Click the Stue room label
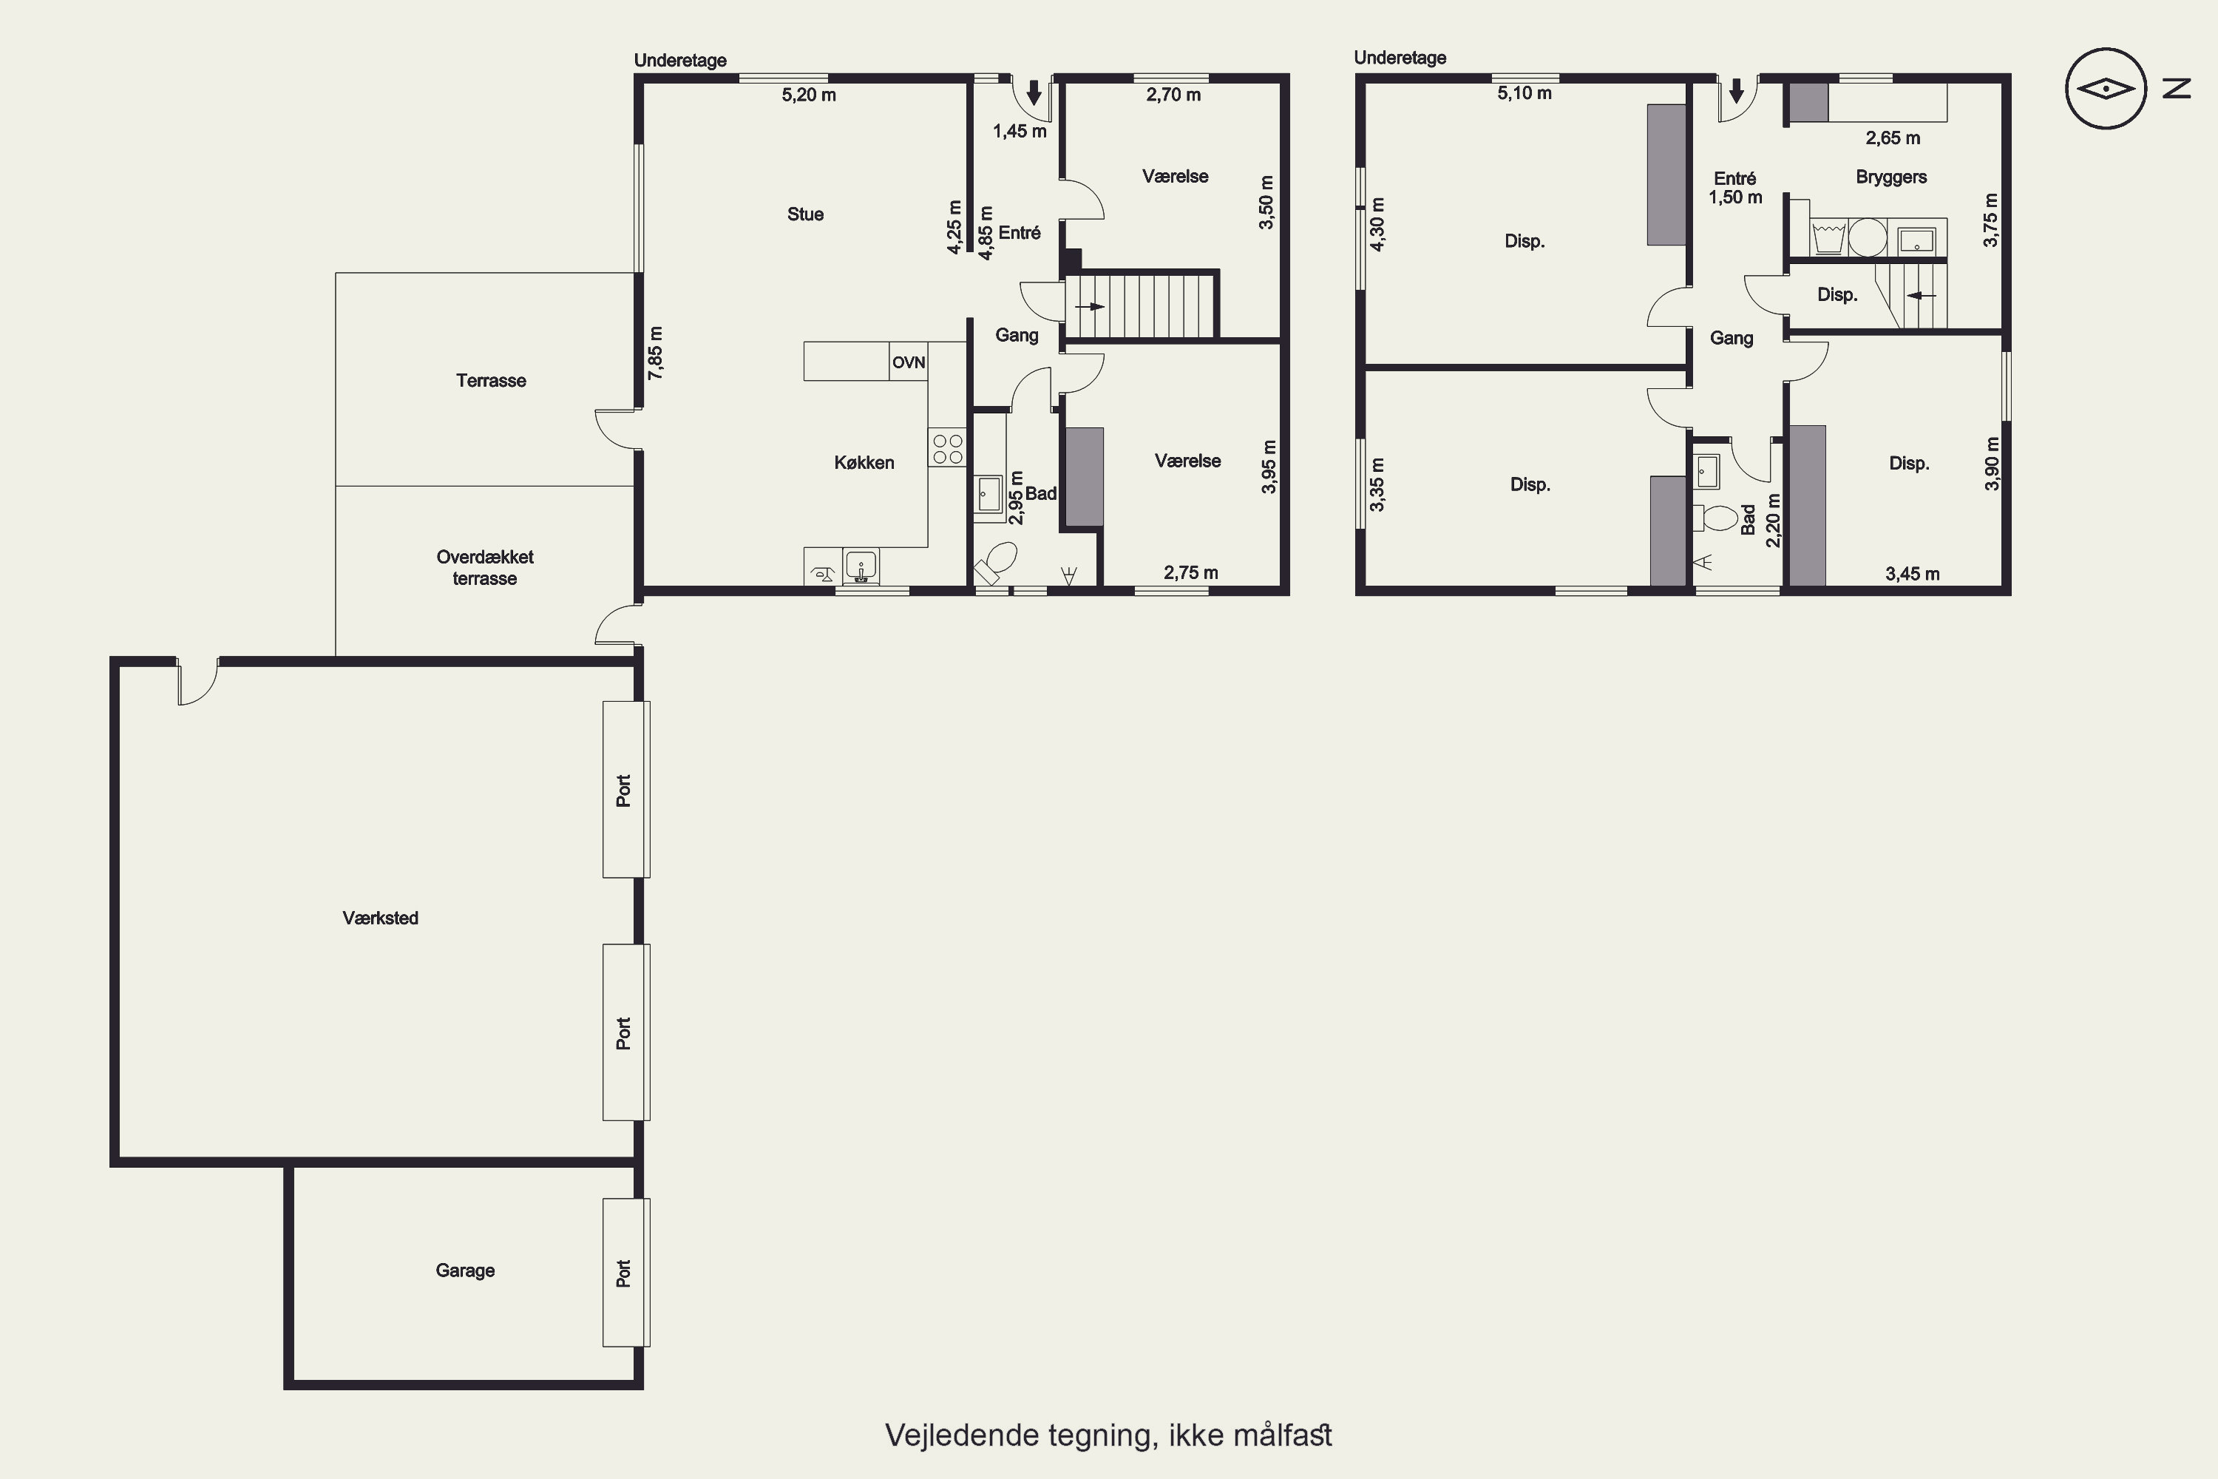tap(805, 214)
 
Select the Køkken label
tap(864, 462)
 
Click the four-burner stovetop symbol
tap(948, 448)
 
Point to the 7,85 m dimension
tap(655, 353)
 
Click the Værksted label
tap(380, 918)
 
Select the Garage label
tap(465, 1270)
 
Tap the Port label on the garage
tap(623, 1273)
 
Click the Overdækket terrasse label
tap(485, 568)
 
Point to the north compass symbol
tap(2106, 89)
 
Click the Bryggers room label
tap(1890, 177)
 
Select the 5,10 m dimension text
tap(1524, 93)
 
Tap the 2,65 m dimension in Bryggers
tap(1893, 138)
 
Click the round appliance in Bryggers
tap(1868, 237)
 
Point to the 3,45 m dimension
tap(1913, 574)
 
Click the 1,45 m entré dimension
tap(1020, 131)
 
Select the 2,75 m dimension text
tap(1190, 572)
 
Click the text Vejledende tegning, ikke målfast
tap(1108, 1435)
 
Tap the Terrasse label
tap(490, 380)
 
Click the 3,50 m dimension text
tap(1266, 202)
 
